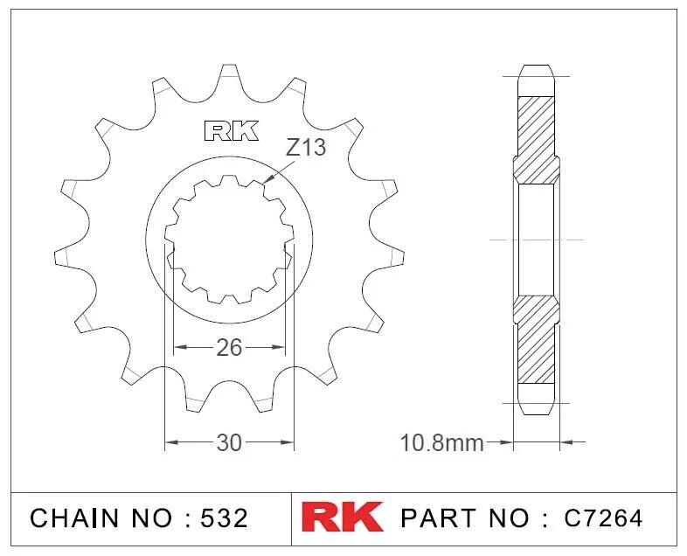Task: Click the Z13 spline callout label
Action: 306,147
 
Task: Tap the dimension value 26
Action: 229,348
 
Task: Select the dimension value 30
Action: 229,443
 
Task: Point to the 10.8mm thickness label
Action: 441,443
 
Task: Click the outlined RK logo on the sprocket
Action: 231,130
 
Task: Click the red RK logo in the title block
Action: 342,517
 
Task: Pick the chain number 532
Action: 224,518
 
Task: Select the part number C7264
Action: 603,518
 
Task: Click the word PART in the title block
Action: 439,518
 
